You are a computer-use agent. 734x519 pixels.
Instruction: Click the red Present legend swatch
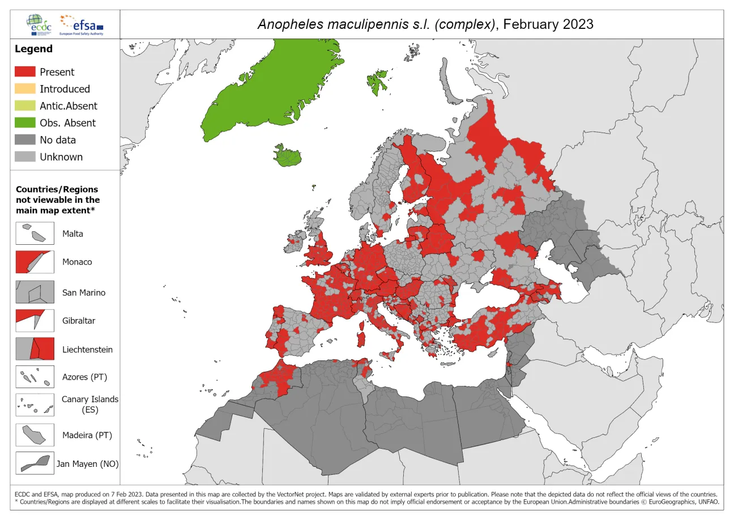tap(25, 72)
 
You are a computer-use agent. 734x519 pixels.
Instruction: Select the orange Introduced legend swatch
tap(25, 89)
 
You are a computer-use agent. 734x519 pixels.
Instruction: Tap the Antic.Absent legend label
tap(68, 106)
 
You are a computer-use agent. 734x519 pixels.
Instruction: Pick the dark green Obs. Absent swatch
tap(25, 123)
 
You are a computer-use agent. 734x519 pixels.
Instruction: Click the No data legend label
tap(57, 140)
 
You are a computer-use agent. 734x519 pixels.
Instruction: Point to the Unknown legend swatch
tap(25, 157)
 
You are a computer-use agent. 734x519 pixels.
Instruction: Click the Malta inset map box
tap(35, 233)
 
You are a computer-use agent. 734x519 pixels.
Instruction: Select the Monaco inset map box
tap(35, 262)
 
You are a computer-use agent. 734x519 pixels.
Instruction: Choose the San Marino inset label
tap(84, 293)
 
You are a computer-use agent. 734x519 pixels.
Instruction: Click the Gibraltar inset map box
tap(35, 321)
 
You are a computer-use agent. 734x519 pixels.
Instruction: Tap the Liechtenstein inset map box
tap(35, 349)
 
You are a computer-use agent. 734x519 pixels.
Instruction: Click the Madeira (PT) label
tap(87, 435)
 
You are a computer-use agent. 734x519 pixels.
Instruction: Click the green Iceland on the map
tap(289, 155)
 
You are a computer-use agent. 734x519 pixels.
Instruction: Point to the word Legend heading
tap(33, 49)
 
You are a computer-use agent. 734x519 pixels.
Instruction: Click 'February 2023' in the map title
tap(548, 24)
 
